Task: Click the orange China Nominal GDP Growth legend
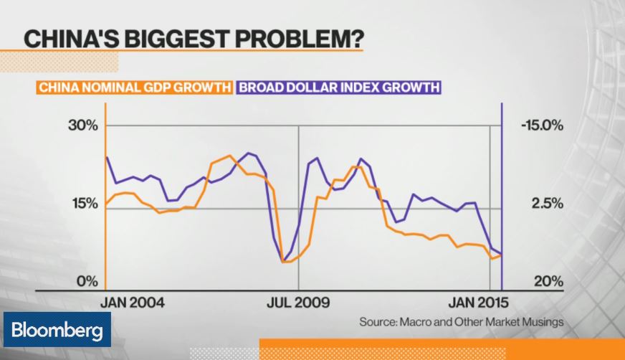[135, 88]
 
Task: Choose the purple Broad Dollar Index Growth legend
[338, 88]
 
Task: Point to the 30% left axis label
[82, 126]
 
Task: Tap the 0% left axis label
[87, 281]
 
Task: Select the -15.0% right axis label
[543, 126]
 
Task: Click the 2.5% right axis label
[547, 204]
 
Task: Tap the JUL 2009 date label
[298, 302]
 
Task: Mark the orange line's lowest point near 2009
[285, 262]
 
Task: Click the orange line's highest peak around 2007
[229, 156]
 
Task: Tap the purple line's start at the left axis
[107, 157]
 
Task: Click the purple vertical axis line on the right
[501, 194]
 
